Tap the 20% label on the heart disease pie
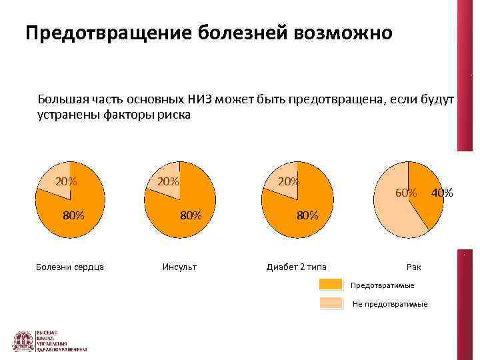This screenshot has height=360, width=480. coord(65,181)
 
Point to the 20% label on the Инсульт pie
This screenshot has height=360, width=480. coord(167,181)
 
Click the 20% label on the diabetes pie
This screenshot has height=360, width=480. coord(289,181)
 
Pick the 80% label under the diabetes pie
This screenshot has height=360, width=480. coord(308,215)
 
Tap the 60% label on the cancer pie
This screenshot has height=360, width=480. coord(406,193)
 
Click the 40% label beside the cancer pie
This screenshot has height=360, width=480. coord(441,193)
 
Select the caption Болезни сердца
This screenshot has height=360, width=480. coord(69,267)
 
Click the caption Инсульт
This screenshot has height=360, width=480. coord(179,267)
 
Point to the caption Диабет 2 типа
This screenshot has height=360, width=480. coord(296,267)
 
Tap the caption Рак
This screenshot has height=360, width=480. coord(413,267)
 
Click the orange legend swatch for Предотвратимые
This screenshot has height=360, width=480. coord(331,285)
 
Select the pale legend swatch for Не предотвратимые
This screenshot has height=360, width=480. coord(331,303)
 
